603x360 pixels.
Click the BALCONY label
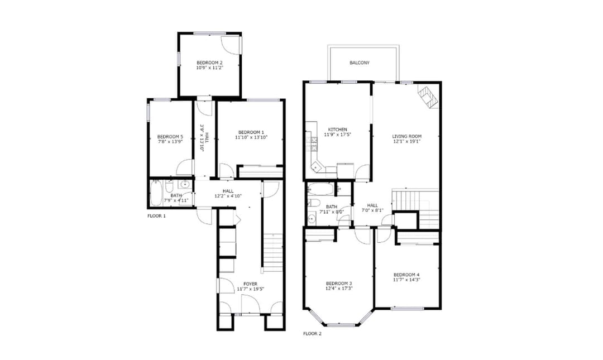pos(360,63)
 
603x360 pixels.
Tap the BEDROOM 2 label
pos(209,63)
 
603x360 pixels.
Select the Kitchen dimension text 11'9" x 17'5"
pos(338,135)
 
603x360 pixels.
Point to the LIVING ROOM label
pos(407,136)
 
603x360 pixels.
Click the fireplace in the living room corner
pos(428,96)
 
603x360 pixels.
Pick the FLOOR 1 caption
pos(156,216)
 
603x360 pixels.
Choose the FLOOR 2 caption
pos(312,334)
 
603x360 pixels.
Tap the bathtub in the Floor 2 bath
pos(320,189)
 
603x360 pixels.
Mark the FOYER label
pos(251,284)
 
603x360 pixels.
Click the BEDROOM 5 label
pos(170,137)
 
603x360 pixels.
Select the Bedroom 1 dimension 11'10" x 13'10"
pos(251,137)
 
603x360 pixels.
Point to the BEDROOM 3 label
pos(339,283)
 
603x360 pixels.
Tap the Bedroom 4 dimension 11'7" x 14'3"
pos(406,280)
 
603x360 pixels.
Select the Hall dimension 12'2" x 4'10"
pos(228,196)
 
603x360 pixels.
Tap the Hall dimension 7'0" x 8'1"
pos(372,210)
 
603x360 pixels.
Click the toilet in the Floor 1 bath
pos(169,188)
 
